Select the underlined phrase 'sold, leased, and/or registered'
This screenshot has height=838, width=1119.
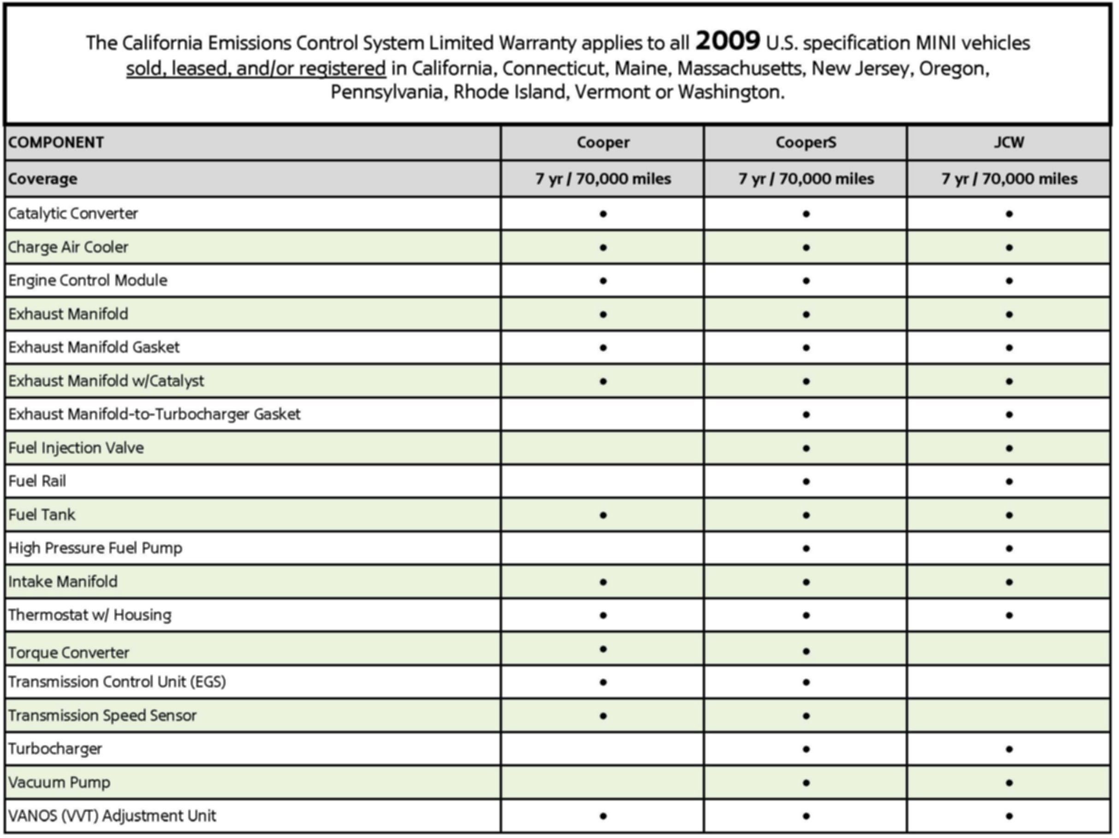click(x=256, y=68)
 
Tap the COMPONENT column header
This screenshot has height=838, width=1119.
click(x=56, y=143)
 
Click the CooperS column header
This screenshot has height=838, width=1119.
click(x=806, y=143)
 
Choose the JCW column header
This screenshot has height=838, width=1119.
click(x=1009, y=143)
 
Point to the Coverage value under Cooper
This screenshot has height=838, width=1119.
click(x=603, y=179)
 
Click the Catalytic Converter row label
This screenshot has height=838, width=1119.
click(x=73, y=214)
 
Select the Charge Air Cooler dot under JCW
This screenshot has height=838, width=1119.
click(x=1009, y=247)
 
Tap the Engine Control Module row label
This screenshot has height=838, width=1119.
click(x=88, y=281)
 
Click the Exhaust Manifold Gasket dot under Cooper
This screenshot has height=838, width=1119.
click(x=603, y=347)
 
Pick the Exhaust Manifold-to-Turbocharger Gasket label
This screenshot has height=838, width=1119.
click(x=154, y=414)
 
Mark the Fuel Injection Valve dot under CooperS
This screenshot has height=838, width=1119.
click(x=806, y=449)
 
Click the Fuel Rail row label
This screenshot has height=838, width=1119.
click(x=37, y=481)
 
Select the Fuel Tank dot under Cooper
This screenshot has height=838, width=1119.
click(x=603, y=515)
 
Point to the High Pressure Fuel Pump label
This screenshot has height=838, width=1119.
click(x=95, y=548)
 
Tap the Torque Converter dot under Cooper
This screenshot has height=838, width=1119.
click(x=603, y=649)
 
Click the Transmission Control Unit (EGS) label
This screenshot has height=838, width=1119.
click(x=117, y=682)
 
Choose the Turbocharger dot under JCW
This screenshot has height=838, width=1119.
click(x=1009, y=749)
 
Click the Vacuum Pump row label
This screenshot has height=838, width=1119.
click(x=59, y=782)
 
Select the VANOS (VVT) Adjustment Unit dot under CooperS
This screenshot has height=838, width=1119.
click(x=806, y=816)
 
